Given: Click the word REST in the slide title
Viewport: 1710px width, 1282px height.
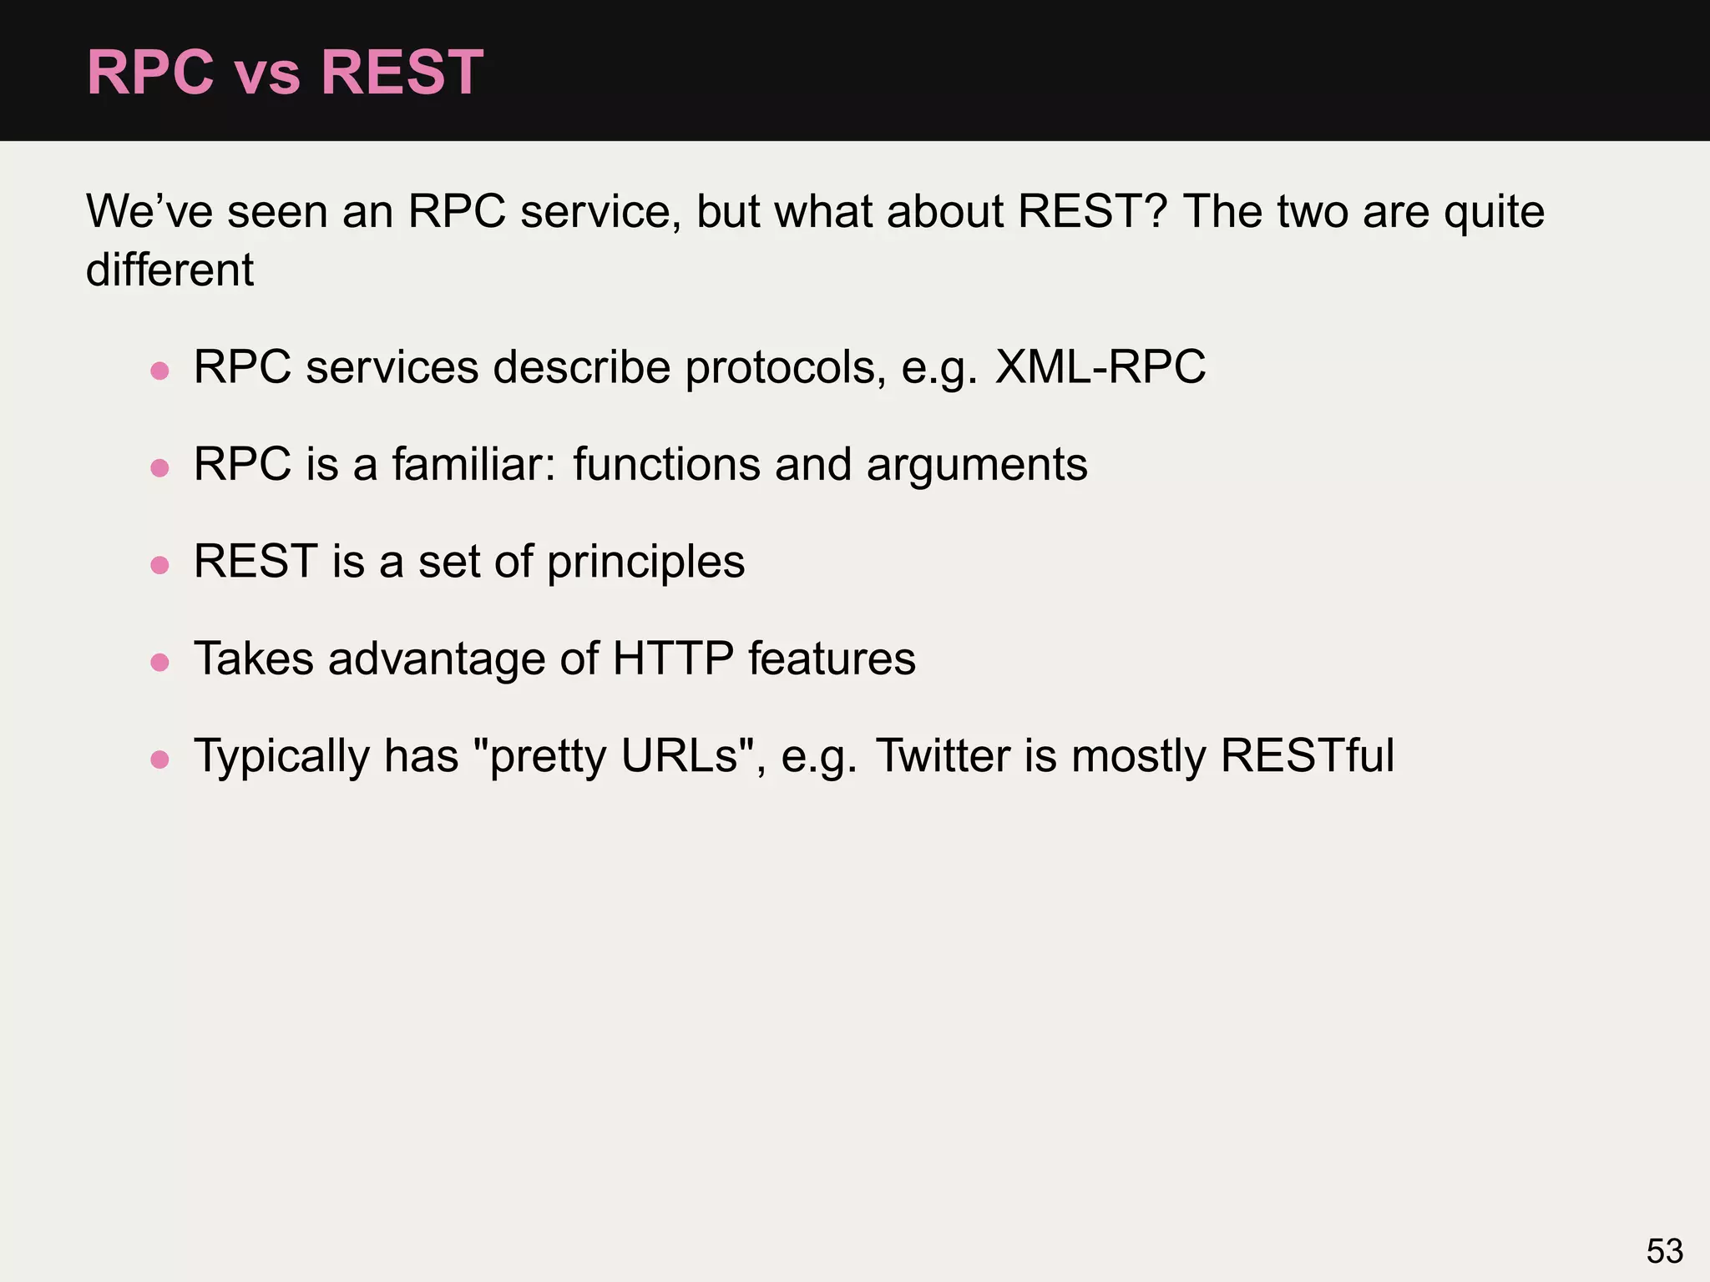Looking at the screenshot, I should click(402, 73).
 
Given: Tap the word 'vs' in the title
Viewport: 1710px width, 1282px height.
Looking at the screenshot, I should click(267, 75).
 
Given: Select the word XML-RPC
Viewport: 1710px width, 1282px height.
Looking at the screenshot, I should click(1100, 367).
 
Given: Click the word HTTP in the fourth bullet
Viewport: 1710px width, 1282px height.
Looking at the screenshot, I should click(673, 659).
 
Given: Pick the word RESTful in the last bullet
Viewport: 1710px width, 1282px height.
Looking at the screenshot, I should click(1307, 756).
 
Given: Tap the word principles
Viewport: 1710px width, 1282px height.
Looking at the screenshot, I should click(645, 562).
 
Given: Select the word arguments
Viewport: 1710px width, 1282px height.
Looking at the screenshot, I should click(977, 466).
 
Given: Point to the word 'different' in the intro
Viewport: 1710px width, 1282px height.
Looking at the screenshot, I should click(169, 270).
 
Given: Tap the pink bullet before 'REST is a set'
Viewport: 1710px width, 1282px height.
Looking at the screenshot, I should click(159, 565).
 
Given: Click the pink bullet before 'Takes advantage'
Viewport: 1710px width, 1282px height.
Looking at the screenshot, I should click(159, 663).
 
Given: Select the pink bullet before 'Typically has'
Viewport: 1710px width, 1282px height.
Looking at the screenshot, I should click(159, 760).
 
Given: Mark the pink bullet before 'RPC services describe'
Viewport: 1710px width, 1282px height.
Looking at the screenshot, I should click(159, 371).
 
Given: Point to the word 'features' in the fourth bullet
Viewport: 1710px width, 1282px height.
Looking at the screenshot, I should click(832, 659).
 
